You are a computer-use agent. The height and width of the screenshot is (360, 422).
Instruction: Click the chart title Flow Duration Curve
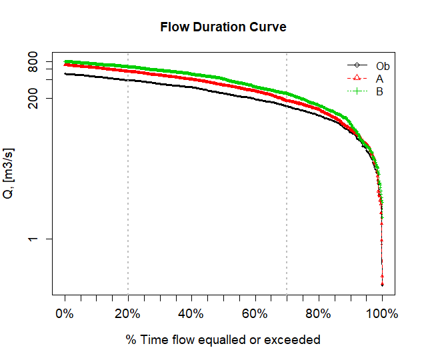[x=223, y=27]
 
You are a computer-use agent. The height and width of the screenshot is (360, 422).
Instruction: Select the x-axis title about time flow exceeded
[x=223, y=340]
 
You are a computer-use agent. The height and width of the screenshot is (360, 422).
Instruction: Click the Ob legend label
[x=383, y=66]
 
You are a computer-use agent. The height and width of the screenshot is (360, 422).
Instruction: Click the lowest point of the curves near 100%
[x=382, y=285]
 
